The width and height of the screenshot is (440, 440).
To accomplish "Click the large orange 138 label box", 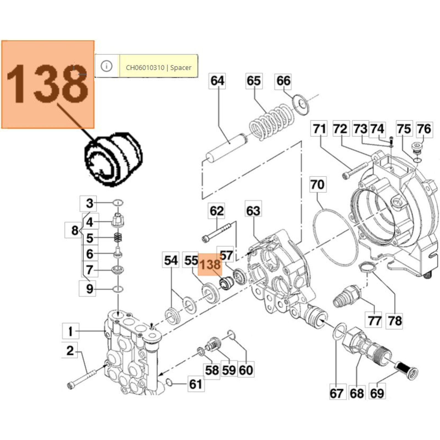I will coord(48,84).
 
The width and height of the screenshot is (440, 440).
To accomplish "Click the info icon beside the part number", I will coord(106,66).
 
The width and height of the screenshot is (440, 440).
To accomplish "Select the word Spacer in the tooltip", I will coord(181,68).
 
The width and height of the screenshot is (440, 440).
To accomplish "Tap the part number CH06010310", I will coord(145,68).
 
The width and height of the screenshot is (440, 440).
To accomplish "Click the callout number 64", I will coord(217,81).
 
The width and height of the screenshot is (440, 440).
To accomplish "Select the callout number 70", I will coord(318,185).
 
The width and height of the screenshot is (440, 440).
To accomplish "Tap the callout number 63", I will coord(253,211).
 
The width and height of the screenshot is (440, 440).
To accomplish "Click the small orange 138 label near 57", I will coord(210,265).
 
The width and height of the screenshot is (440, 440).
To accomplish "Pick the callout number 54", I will coord(171,260).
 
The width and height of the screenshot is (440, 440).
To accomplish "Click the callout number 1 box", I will coord(70,331).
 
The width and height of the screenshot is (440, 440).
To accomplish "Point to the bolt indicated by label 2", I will coord(82,377).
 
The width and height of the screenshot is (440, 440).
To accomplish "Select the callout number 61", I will coord(196,384).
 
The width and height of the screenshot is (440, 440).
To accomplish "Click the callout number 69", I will coord(377,394).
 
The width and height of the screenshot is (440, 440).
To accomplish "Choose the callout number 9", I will coord(90,289).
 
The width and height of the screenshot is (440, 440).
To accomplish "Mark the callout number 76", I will coord(424,129).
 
